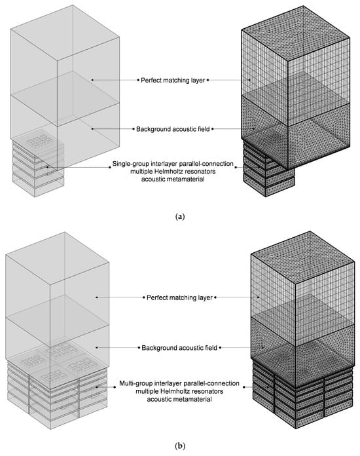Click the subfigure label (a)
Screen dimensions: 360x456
180,217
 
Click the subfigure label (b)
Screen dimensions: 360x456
180,446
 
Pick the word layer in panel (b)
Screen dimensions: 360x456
205,298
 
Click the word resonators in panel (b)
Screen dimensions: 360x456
207,391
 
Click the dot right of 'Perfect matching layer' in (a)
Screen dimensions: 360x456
207,81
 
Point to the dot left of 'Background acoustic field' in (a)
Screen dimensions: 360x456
134,129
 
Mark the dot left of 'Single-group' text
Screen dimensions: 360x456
109,168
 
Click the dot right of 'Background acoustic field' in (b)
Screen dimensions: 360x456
220,347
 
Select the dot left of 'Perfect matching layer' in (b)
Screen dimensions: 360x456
144,297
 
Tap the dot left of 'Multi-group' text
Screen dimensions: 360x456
115,387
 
